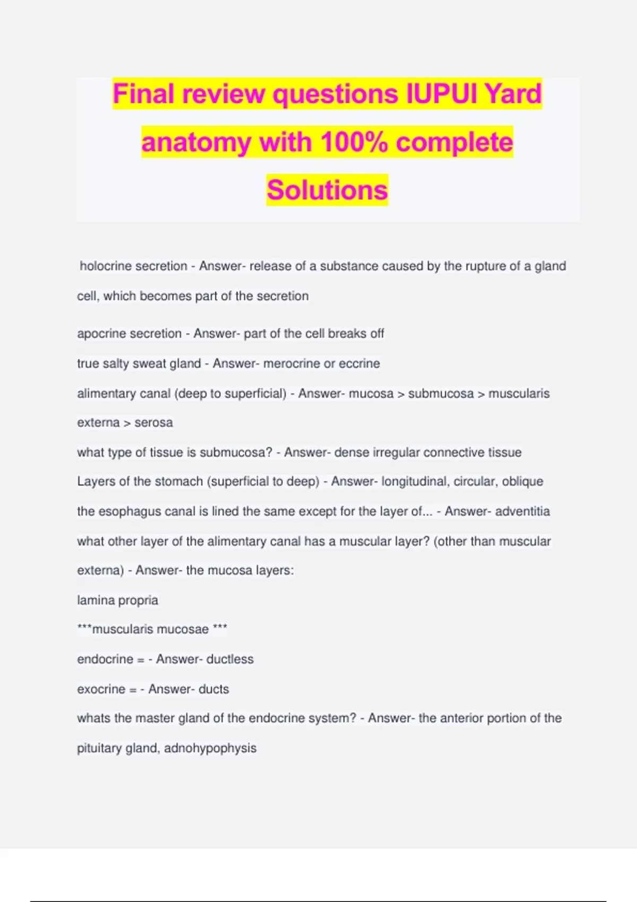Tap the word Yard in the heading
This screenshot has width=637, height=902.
coord(513,94)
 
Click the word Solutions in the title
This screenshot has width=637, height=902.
coord(327,190)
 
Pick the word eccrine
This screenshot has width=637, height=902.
coord(359,363)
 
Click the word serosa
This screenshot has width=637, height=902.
coord(153,423)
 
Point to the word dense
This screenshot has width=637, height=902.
coord(351,453)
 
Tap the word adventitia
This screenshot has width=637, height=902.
coord(523,511)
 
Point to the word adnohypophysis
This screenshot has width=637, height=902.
coord(210,748)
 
